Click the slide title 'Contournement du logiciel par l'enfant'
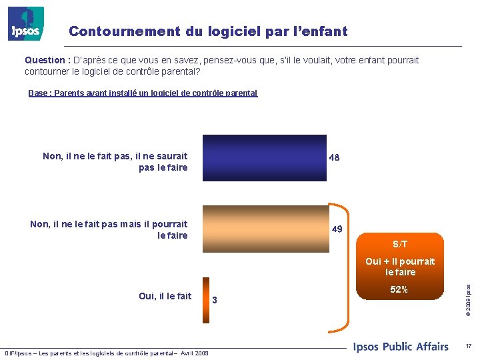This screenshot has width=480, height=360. click(x=208, y=31)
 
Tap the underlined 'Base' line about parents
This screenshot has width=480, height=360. click(x=143, y=93)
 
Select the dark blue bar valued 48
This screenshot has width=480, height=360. click(x=264, y=157)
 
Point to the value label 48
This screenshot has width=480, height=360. click(x=335, y=158)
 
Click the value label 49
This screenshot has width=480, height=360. click(x=337, y=229)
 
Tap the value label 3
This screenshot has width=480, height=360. click(x=215, y=301)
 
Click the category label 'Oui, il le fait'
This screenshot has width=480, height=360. click(x=165, y=296)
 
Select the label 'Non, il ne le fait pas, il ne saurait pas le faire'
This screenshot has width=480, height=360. click(x=115, y=162)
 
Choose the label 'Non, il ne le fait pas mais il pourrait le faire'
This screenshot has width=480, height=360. click(x=109, y=230)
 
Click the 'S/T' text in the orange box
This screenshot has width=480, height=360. click(x=400, y=244)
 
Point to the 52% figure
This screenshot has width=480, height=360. click(x=400, y=290)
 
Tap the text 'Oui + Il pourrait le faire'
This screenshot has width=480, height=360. click(x=400, y=267)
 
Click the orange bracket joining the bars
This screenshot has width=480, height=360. click(x=348, y=267)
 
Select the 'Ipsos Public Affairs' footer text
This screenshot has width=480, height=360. click(x=401, y=346)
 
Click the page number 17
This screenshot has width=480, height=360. click(x=469, y=346)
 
